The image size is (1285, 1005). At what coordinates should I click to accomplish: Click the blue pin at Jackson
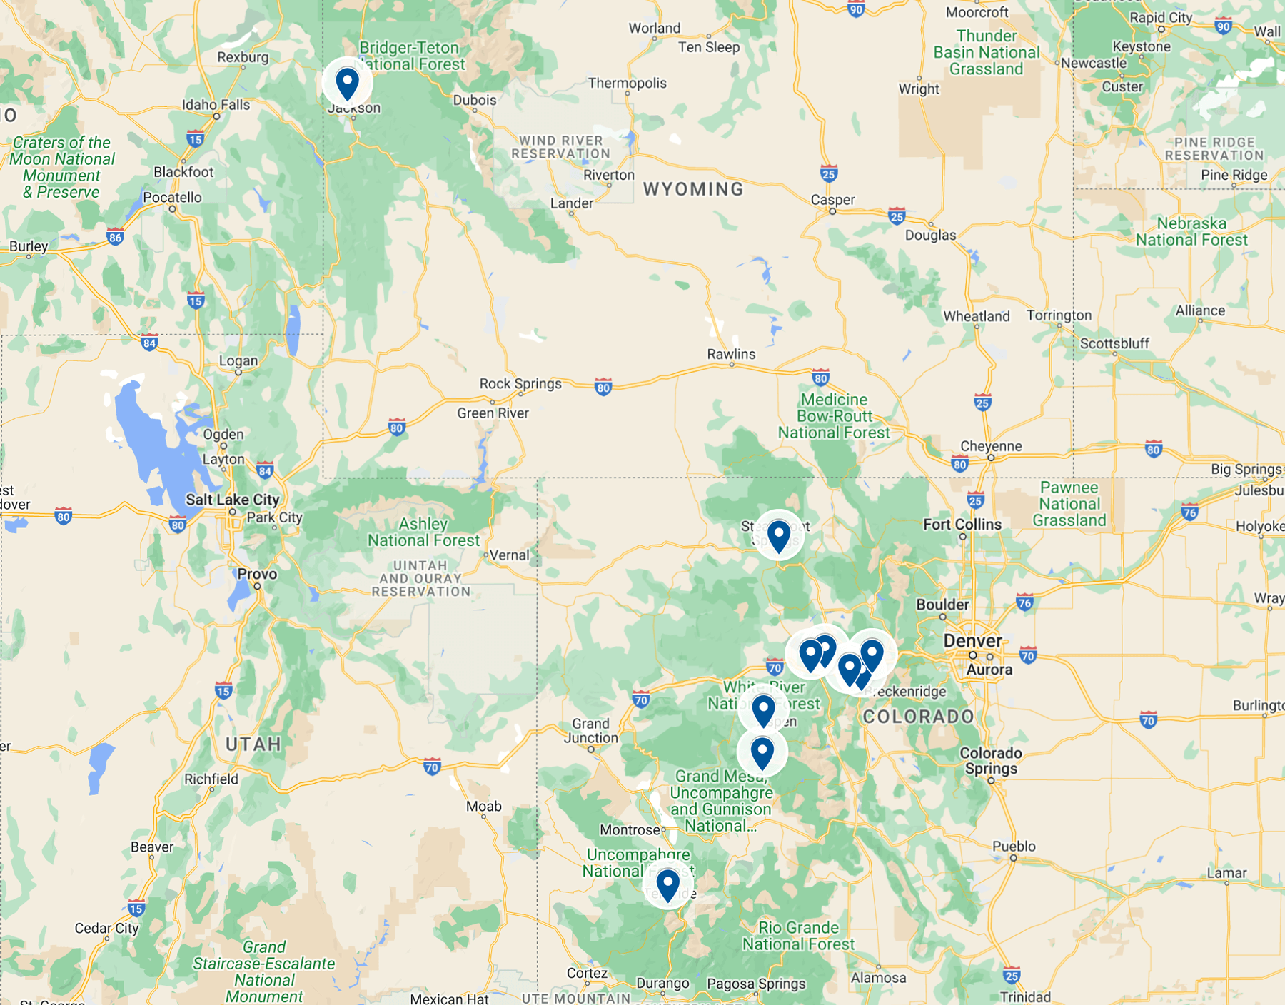tap(348, 84)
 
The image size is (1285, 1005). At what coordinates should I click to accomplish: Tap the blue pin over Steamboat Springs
tap(778, 535)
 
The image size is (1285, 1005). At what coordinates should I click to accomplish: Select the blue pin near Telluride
tap(667, 885)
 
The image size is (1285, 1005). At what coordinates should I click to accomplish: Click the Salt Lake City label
tap(232, 500)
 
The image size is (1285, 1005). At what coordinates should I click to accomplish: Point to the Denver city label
tap(972, 640)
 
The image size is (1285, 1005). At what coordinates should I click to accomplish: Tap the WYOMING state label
tap(693, 189)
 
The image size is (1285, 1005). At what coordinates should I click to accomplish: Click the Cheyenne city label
tap(991, 446)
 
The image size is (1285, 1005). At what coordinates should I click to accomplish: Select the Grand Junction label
tap(591, 730)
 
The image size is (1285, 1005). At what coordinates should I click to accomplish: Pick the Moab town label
tap(484, 807)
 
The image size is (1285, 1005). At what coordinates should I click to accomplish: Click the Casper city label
tap(832, 200)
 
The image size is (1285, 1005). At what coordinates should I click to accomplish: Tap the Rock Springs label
tap(520, 384)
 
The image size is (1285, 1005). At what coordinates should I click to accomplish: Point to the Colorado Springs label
tap(990, 761)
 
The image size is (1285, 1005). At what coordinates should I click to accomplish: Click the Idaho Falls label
tap(216, 105)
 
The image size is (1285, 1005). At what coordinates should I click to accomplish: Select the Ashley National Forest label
tap(423, 532)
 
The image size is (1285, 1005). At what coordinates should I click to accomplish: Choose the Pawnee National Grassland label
tap(1069, 504)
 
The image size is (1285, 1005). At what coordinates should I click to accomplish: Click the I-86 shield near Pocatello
tap(115, 236)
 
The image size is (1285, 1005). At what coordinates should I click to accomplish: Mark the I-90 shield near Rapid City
tap(1223, 26)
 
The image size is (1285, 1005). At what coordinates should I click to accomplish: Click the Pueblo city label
tap(1014, 847)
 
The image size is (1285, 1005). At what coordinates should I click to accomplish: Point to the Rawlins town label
tap(731, 354)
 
